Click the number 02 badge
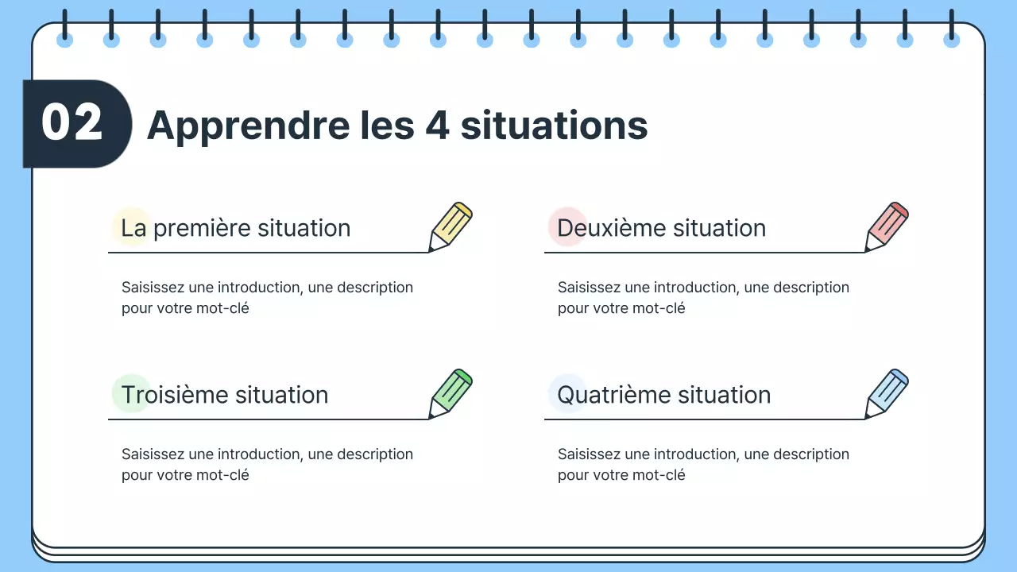click(x=73, y=124)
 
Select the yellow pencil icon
click(x=450, y=226)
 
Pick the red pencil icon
click(x=887, y=226)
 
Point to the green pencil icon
click(x=450, y=393)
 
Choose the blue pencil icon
click(x=887, y=393)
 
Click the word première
click(x=202, y=228)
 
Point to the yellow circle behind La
click(x=131, y=226)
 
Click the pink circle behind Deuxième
click(x=567, y=226)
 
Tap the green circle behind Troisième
click(x=131, y=393)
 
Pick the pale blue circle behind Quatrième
click(x=567, y=393)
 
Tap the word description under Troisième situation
click(x=375, y=454)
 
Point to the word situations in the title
click(x=554, y=126)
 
